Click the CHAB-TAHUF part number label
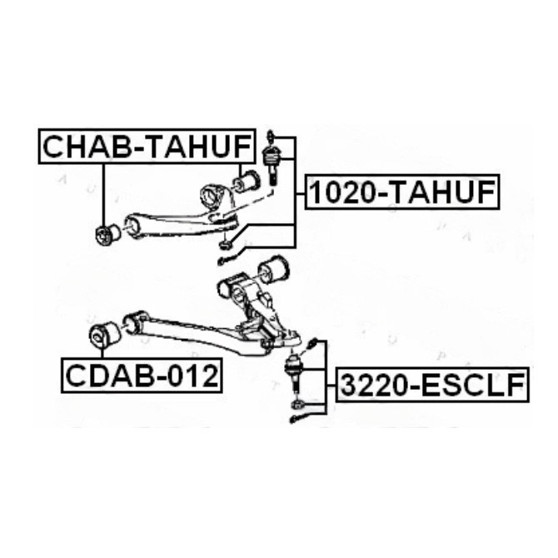tap(147, 147)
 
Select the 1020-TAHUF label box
tap(402, 192)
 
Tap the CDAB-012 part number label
tap(142, 376)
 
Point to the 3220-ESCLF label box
tap(432, 385)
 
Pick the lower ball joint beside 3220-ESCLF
tap(295, 373)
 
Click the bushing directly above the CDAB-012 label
tap(104, 335)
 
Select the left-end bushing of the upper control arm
tap(108, 234)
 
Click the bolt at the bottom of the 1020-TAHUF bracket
tap(226, 260)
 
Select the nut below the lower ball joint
tap(297, 404)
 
